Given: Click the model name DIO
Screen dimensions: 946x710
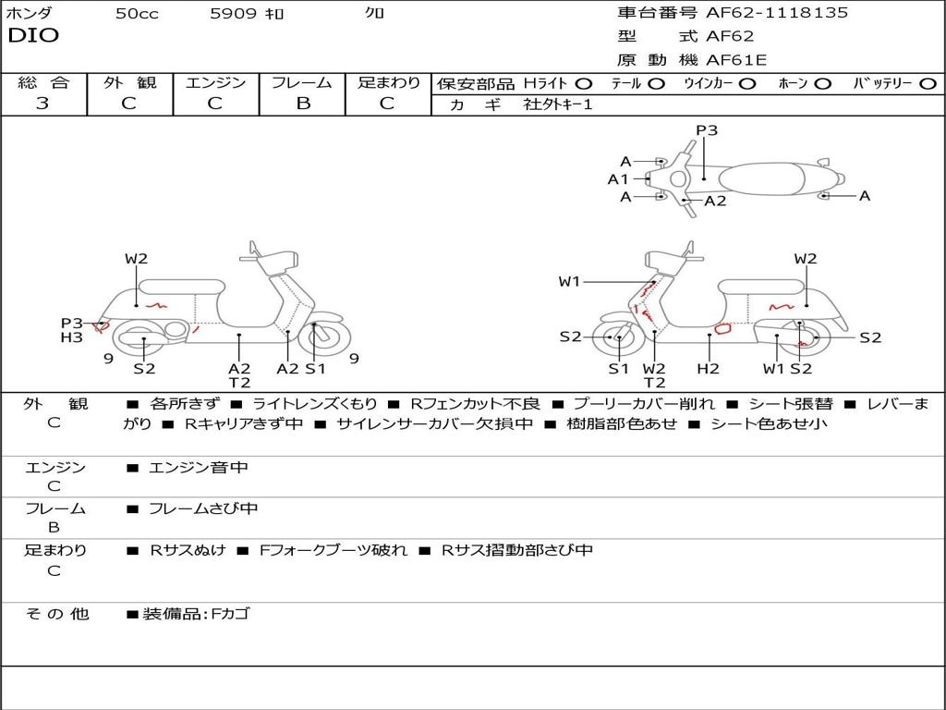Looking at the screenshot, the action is point(33,36).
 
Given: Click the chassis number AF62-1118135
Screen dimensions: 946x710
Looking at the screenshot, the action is point(777,12).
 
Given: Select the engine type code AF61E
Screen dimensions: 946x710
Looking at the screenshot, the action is point(736,60).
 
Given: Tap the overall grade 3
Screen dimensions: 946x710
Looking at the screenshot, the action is point(42,104).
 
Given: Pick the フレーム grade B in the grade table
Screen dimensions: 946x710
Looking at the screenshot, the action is point(303,104).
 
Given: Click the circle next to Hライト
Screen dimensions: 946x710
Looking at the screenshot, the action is point(584,84).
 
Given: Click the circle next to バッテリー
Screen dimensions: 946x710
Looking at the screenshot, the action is point(928,84).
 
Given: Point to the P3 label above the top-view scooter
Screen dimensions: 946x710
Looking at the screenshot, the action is point(707,130).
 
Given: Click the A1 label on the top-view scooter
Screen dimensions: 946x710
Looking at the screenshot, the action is point(618,179).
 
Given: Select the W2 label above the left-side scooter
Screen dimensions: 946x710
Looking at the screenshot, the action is point(137,259).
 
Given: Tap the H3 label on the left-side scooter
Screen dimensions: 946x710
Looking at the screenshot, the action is point(71,337).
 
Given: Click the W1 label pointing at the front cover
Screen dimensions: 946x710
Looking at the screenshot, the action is point(569,281).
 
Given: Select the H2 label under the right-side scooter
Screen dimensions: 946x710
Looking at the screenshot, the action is point(708,368).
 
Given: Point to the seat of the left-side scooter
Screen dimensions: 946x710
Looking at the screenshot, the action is point(182,287).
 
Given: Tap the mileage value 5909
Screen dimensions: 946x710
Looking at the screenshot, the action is point(233,13).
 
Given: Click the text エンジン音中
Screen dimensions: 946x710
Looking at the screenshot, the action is point(199,468).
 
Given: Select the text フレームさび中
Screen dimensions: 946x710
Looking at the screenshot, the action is point(203,509).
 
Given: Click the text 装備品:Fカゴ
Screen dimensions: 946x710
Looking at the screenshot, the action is point(196,615).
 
